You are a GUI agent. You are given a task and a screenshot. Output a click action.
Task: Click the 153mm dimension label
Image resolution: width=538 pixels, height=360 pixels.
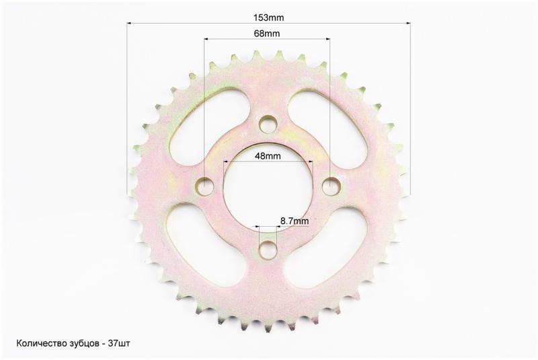click(x=268, y=17)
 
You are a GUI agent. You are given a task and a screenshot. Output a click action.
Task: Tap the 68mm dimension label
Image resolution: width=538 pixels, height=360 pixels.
click(x=266, y=33)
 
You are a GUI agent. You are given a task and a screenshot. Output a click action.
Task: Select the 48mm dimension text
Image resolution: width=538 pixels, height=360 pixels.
click(x=268, y=156)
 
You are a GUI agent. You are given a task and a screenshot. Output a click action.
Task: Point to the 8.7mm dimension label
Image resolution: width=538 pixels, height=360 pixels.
click(x=295, y=221)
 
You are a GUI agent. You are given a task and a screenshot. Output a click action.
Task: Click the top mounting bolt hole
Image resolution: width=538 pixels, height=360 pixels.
click(x=268, y=124)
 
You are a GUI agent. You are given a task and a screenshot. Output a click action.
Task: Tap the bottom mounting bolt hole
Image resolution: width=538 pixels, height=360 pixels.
click(x=268, y=250)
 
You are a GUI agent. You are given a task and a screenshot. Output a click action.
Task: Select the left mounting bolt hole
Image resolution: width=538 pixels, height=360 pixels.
click(x=204, y=186)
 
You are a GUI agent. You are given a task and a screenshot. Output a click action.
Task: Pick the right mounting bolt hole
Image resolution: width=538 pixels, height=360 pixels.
click(x=332, y=186)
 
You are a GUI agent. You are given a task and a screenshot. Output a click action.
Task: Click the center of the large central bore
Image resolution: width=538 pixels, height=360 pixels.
click(x=268, y=187)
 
